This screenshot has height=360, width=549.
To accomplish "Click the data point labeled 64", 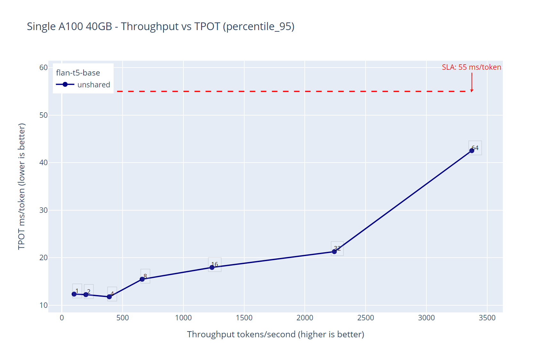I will (x=472, y=151).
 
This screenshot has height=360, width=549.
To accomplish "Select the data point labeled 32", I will (x=334, y=252).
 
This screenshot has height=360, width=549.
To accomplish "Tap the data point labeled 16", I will (x=212, y=267).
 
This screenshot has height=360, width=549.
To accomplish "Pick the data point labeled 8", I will (x=142, y=279).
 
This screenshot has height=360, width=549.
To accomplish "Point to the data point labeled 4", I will (x=109, y=297).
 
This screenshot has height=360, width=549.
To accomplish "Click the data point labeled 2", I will (x=86, y=294).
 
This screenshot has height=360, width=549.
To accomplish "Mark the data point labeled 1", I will (x=74, y=294).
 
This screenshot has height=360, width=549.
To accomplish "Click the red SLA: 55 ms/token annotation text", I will (x=471, y=67).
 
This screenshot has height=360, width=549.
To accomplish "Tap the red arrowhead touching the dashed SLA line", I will (x=472, y=91).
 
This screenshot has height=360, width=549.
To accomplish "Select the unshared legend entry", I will (x=83, y=84).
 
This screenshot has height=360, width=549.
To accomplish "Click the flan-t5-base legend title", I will (x=78, y=73).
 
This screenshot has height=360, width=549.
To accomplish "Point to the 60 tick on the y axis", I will (x=43, y=68).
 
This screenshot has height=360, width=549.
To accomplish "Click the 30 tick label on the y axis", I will (x=43, y=210).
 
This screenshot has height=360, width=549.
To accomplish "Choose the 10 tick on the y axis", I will (x=43, y=305).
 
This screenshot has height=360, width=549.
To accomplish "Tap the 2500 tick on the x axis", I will (x=365, y=318).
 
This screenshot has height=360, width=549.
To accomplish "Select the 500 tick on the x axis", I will (x=122, y=318).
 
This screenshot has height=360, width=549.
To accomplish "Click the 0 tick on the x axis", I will (x=62, y=318).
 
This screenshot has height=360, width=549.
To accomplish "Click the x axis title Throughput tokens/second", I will (x=275, y=334).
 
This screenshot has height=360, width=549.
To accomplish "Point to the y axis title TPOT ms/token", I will (x=21, y=186).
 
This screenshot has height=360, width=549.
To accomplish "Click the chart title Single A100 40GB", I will (x=160, y=26).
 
